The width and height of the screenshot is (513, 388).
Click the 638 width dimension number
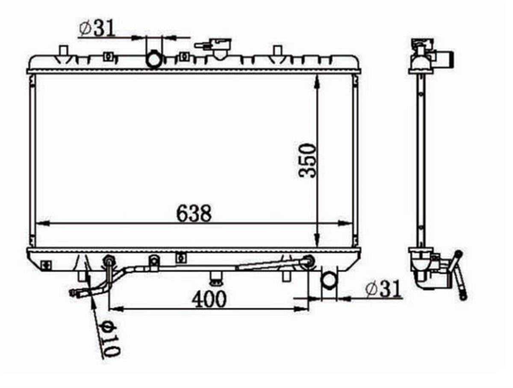point(194,213)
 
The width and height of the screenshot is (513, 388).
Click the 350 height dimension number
point(307,161)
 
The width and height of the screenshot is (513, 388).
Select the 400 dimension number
point(209,299)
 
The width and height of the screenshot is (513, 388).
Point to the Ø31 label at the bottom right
point(383,290)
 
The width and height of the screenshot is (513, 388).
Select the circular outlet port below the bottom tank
point(329,281)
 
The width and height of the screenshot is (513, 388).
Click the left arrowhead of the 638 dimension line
point(44,223)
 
